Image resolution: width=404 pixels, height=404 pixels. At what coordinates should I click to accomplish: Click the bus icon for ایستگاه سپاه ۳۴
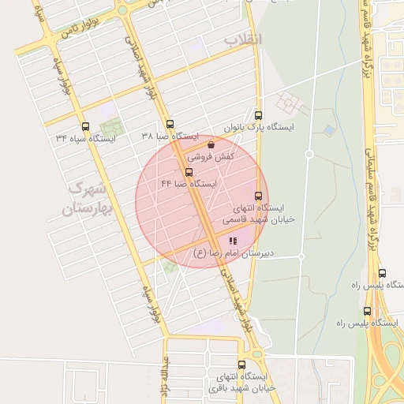(85, 126)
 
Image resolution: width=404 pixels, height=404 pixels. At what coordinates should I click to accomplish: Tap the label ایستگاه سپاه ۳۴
(85, 138)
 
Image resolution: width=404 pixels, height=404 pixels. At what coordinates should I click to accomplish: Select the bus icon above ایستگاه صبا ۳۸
(170, 124)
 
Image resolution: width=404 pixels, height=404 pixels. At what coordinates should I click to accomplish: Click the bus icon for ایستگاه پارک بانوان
(258, 115)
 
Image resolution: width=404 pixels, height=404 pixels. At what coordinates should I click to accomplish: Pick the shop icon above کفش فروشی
(210, 145)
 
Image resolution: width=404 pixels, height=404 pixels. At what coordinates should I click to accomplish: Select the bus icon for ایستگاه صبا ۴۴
(189, 172)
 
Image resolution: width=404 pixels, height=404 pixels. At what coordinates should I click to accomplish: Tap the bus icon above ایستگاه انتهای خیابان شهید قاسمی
(258, 196)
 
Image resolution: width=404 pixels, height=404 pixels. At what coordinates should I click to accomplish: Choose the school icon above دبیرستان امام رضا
(232, 241)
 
